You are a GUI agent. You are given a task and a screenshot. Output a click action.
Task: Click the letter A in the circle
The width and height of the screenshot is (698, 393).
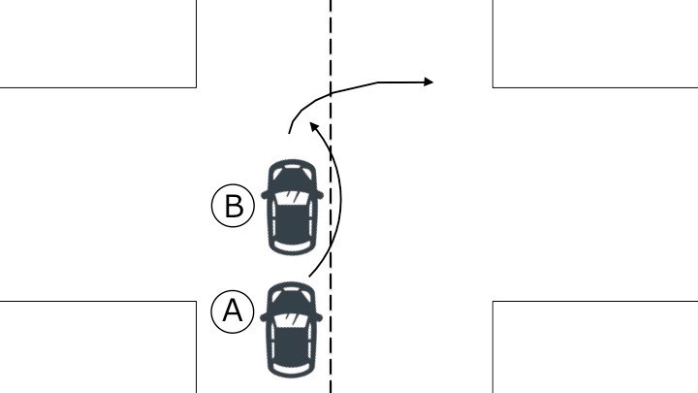click(233, 311)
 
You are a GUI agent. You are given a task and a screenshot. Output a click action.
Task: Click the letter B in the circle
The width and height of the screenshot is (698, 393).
click(235, 206)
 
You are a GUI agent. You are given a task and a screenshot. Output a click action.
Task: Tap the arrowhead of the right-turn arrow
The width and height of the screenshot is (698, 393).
click(428, 82)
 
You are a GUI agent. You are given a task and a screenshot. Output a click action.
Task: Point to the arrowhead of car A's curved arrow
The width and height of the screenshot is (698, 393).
click(314, 126)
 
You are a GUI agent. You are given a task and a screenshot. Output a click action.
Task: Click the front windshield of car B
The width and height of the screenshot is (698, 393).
click(292, 197)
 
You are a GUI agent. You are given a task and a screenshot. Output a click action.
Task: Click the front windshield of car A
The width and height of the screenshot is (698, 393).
click(291, 320)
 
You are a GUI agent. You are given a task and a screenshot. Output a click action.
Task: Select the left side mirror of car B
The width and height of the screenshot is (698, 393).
click(265, 195)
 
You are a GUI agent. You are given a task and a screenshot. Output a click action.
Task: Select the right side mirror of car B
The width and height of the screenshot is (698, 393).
click(319, 195)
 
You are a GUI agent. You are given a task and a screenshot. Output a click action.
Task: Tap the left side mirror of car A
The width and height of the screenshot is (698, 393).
click(264, 317)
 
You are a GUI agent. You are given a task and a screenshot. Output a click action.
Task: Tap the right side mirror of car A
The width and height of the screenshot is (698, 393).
click(318, 317)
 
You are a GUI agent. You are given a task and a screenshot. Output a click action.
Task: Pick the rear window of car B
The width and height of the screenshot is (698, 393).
click(292, 246)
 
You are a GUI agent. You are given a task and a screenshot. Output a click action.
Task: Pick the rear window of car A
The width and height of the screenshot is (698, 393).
click(291, 369)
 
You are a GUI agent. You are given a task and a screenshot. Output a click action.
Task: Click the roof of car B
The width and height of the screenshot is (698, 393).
click(292, 223)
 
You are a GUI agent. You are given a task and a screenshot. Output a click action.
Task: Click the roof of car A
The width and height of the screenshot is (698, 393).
click(291, 345)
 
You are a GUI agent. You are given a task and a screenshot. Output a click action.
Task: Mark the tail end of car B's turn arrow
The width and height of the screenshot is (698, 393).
click(289, 133)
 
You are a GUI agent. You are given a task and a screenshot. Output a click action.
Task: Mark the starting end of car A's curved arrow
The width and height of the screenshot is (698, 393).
click(309, 277)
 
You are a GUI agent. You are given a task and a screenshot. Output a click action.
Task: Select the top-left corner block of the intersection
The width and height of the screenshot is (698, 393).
click(98, 44)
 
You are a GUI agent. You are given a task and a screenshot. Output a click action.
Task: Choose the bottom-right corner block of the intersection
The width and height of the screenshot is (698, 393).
click(595, 347)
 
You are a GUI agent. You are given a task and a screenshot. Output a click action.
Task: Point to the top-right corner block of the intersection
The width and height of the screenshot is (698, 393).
click(595, 44)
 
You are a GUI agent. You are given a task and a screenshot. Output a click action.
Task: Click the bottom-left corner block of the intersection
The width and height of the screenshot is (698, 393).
click(98, 347)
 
